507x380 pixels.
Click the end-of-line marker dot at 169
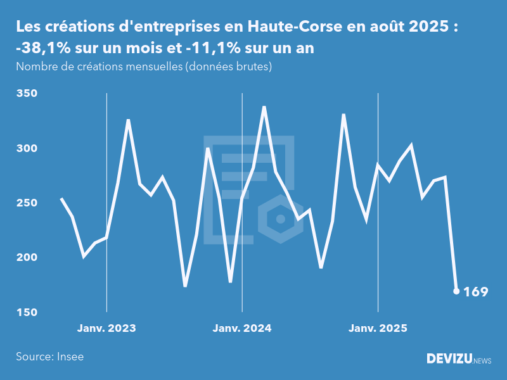456,291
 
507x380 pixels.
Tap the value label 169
476,292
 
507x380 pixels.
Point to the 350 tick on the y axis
27,94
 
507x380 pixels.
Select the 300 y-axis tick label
27,148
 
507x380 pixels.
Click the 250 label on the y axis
27,203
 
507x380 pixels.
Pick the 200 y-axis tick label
27,258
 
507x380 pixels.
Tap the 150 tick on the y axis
27,313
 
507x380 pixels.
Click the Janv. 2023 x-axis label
106,328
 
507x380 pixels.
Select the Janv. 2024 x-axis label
242,328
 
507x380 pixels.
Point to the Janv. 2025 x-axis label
378,328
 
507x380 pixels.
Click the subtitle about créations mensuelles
144,66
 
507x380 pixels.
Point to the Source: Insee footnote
50,357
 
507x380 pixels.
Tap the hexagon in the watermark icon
279,219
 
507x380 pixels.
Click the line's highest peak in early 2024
264,107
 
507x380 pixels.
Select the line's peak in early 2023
129,120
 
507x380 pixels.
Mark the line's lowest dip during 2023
185,286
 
